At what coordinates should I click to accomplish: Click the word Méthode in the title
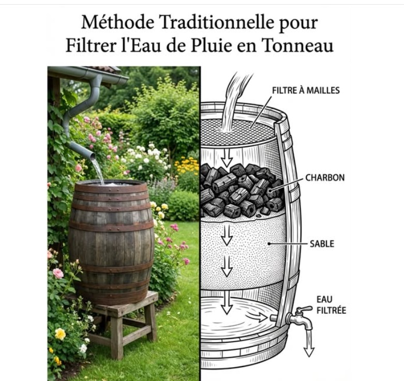(118, 22)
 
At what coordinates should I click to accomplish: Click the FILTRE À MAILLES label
(306, 90)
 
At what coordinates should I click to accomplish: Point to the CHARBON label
(325, 178)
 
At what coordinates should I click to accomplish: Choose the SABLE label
(322, 243)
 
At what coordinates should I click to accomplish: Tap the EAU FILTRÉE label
(331, 305)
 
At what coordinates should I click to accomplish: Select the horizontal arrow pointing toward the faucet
(256, 317)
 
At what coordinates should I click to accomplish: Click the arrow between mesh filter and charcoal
(227, 158)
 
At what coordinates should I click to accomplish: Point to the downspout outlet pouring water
(91, 155)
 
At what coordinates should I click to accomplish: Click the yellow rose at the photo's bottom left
(61, 333)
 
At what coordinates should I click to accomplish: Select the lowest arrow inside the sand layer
(227, 266)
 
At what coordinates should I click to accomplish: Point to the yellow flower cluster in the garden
(187, 165)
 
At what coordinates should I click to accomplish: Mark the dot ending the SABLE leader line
(269, 243)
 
